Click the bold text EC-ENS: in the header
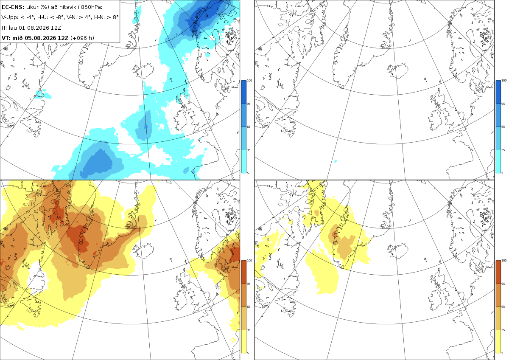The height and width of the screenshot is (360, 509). tap(13, 7)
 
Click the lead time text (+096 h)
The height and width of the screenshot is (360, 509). tap(82, 38)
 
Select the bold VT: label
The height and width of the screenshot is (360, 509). tap(6, 38)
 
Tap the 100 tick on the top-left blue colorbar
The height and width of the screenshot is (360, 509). tap(249, 80)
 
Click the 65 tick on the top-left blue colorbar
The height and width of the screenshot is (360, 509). tap(249, 127)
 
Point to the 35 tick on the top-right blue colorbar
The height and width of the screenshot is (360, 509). tap(503, 150)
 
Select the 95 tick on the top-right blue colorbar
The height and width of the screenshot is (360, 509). tap(503, 104)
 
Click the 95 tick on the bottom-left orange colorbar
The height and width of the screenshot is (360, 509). tap(249, 284)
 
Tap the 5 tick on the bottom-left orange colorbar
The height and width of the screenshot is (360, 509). tap(248, 353)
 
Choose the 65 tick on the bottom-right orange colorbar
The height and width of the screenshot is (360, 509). tap(503, 307)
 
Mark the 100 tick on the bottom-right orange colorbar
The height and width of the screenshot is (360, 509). tap(504, 260)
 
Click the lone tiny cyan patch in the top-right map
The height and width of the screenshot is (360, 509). tap(336, 161)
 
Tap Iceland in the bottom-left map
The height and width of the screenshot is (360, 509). tap(143, 251)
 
